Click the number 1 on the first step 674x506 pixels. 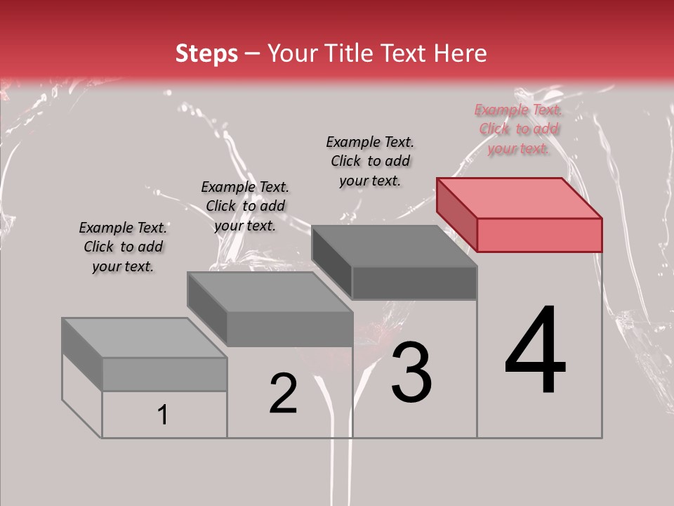click(163, 415)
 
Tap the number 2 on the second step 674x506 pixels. click(283, 394)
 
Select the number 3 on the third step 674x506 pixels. click(411, 372)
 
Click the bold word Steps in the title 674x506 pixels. click(206, 53)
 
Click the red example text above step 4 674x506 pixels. click(519, 129)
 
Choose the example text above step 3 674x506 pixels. click(370, 161)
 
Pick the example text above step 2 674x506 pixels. click(245, 206)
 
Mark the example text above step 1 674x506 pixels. click(123, 247)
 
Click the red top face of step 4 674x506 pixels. click(520, 197)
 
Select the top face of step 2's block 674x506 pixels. click(270, 292)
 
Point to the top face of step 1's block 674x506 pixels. click(144, 337)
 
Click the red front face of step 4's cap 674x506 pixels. click(539, 235)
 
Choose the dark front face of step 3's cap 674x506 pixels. click(414, 283)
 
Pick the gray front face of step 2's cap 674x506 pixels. click(289, 329)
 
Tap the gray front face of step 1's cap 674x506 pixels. click(164, 374)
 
